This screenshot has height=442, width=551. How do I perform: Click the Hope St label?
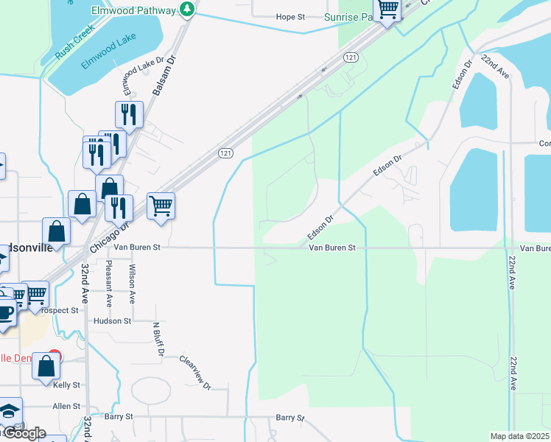tap(289, 17)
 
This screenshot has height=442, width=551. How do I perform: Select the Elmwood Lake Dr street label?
tap(133, 77)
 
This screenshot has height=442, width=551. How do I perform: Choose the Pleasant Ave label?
tap(109, 284)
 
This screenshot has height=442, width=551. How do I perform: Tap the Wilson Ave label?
tap(133, 284)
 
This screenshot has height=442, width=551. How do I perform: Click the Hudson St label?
tap(112, 321)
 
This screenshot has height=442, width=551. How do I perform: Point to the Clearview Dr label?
tap(195, 373)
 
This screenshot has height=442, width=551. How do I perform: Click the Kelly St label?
tap(66, 385)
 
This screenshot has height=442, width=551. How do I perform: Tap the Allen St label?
tap(66, 406)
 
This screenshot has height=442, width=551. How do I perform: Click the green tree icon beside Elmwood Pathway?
tap(187, 10)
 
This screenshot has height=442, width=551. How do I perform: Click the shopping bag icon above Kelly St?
tap(46, 366)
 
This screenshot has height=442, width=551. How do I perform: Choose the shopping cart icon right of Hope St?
tap(387, 10)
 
